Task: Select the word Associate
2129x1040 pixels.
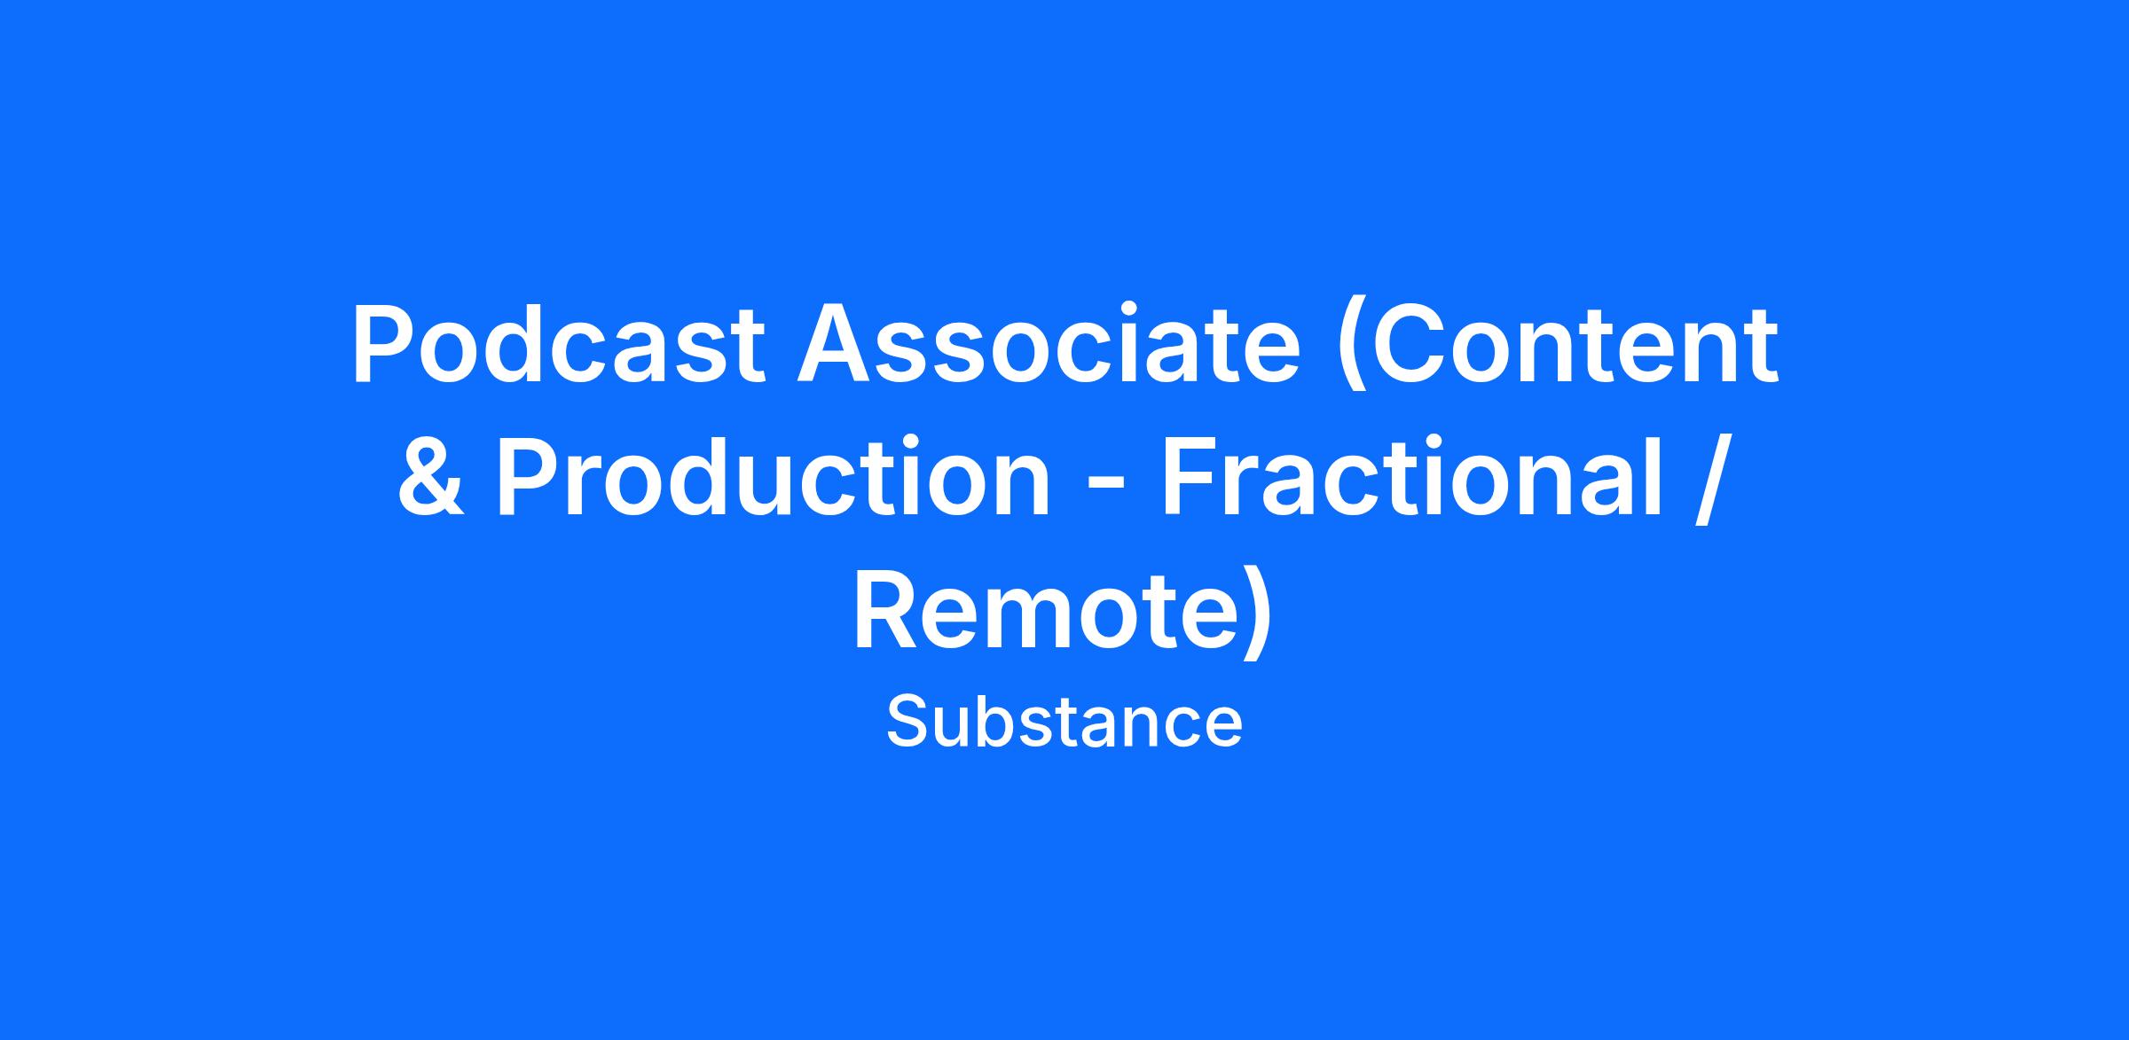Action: click(1049, 344)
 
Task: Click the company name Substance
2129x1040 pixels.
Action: click(1064, 723)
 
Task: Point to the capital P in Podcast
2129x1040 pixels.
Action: click(386, 346)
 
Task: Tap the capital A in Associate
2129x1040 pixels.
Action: click(836, 346)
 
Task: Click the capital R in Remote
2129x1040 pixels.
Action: click(890, 612)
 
